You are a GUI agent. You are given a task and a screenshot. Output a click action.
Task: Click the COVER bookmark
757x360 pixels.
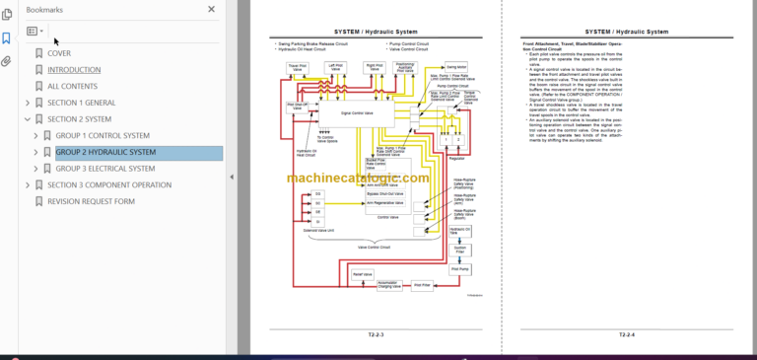click(x=59, y=53)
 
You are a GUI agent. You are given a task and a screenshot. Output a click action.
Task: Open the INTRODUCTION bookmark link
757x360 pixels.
click(x=74, y=70)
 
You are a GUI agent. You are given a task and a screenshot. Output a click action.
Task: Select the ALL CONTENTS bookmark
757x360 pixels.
click(x=72, y=86)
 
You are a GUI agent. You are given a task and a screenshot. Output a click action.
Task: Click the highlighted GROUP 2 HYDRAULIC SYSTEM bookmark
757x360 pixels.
click(x=105, y=152)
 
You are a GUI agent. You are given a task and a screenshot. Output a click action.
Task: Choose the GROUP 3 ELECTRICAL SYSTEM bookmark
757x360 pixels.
click(x=105, y=169)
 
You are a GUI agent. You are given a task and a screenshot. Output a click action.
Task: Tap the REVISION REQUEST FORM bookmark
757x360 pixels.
click(x=91, y=201)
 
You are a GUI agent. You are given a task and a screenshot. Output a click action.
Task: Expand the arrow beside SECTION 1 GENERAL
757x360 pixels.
click(x=28, y=103)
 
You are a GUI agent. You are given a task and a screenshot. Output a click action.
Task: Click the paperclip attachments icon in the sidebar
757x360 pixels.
click(x=7, y=61)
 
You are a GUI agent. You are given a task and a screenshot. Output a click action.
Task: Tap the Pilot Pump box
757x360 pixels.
click(x=459, y=268)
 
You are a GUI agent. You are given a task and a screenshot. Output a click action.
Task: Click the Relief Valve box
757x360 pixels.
click(x=363, y=273)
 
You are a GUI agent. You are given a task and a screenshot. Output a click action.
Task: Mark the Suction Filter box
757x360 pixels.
click(x=459, y=250)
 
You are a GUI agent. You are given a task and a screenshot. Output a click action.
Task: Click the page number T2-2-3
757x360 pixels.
click(x=375, y=334)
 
